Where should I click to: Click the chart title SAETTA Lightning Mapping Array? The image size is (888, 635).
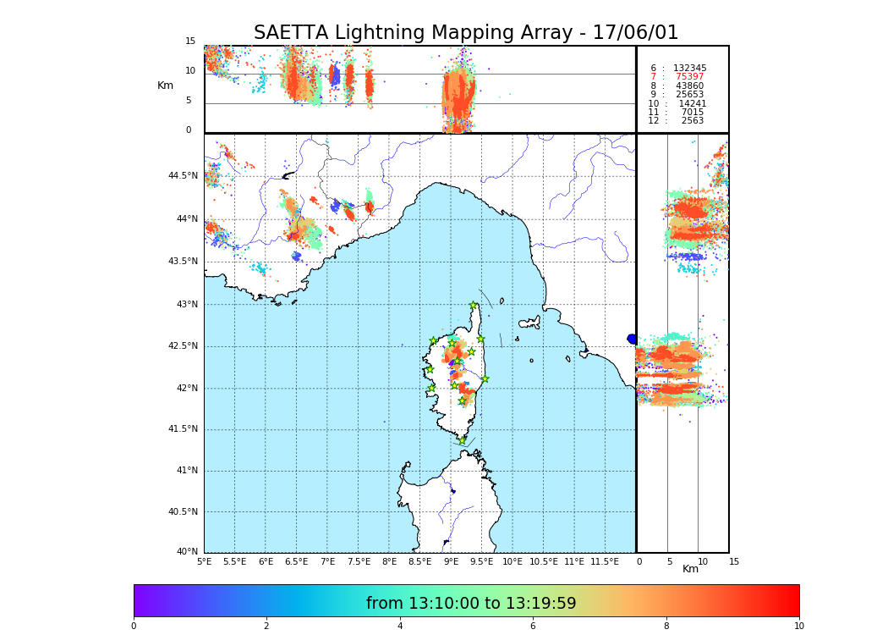[x=466, y=33]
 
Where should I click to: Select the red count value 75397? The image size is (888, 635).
[x=689, y=77]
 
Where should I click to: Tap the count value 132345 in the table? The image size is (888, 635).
[x=689, y=68]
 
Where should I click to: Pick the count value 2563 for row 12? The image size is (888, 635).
[x=692, y=121]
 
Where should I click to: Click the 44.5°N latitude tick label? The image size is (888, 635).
[x=183, y=176]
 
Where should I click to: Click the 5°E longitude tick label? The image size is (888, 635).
[x=205, y=561]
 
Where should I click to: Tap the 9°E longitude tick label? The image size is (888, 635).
[x=451, y=561]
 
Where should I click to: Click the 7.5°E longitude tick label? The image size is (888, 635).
[x=359, y=561]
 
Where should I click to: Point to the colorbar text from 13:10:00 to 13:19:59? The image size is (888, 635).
[x=471, y=604]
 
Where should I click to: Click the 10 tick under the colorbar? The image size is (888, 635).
[x=798, y=627]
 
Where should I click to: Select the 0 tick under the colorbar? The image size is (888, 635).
[x=134, y=627]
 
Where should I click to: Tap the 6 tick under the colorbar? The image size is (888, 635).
[x=533, y=627]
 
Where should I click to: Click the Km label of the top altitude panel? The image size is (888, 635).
[x=165, y=86]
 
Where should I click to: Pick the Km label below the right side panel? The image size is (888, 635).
[x=690, y=569]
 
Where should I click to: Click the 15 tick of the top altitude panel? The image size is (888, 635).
[x=190, y=41]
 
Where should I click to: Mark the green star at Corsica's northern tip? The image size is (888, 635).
[x=474, y=306]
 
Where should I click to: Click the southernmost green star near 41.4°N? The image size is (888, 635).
[x=462, y=440]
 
